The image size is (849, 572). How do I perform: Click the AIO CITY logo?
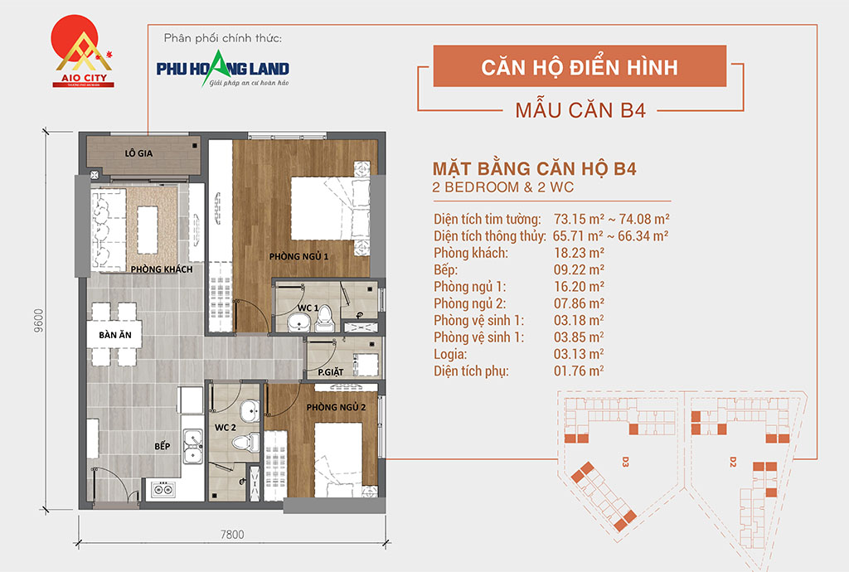coord(82,51)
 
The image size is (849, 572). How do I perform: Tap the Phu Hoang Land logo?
coord(222,69)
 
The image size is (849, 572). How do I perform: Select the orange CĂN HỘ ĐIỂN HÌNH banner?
coord(580,66)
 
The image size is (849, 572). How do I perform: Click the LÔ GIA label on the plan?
coord(138,153)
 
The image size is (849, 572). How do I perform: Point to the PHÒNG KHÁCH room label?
coord(162,269)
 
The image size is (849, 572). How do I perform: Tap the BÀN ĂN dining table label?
coord(114,335)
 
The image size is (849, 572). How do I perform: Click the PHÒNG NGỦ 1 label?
coord(298,256)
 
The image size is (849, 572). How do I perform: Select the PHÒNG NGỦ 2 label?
coord(336,407)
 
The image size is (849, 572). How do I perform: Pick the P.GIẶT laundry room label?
coord(330,371)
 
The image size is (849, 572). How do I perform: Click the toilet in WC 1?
coord(324,318)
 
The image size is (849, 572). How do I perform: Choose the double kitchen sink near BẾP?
coord(192,447)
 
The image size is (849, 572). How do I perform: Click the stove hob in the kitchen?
coord(163,490)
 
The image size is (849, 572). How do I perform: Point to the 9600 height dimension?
coord(38,320)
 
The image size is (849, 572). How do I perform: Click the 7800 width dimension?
coord(232,535)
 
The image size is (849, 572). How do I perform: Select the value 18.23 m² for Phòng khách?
coord(579,253)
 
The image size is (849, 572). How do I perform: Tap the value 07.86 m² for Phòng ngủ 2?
coord(579,303)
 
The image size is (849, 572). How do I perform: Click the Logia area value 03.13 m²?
coord(579,354)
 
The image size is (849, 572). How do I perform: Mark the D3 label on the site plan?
coord(625,462)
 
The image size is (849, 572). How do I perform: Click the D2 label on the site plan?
coord(733,462)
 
